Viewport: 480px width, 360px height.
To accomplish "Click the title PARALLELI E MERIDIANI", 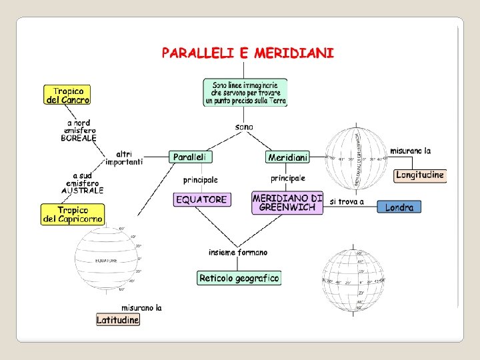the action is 247,53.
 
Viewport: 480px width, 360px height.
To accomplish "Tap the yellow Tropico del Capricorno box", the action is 73,214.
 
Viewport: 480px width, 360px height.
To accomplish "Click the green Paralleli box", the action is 191,157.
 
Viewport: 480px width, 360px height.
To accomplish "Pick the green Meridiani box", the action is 287,157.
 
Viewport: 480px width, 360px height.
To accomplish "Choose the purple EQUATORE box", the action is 202,199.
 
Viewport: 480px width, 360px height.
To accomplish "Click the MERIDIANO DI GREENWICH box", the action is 287,203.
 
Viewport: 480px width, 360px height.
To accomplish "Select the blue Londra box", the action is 399,207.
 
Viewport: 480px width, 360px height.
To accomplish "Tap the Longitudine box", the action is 419,175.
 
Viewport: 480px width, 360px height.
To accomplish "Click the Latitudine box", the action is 118,320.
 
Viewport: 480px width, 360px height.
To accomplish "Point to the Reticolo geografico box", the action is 239,278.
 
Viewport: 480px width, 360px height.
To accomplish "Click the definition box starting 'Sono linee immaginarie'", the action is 245,93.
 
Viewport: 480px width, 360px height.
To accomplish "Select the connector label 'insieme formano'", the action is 238,253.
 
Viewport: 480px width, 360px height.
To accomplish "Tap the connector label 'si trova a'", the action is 347,202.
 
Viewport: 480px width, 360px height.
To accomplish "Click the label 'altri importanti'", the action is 124,157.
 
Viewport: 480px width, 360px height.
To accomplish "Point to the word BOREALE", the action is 79,139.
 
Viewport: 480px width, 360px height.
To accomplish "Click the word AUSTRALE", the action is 83,191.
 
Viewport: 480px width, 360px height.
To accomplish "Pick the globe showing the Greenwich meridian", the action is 355,159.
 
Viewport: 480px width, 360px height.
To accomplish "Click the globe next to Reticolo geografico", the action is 353,281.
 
